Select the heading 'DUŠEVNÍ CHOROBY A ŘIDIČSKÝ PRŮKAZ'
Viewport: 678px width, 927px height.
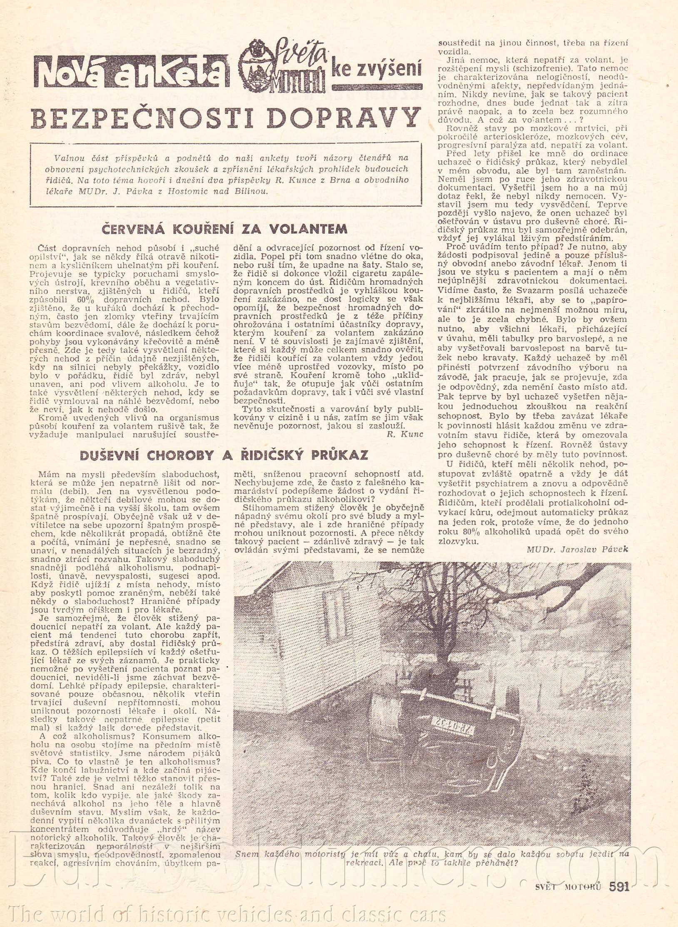(224, 455)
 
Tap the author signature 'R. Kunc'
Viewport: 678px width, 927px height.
(405, 434)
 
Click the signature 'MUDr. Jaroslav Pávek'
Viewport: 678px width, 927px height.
(577, 549)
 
